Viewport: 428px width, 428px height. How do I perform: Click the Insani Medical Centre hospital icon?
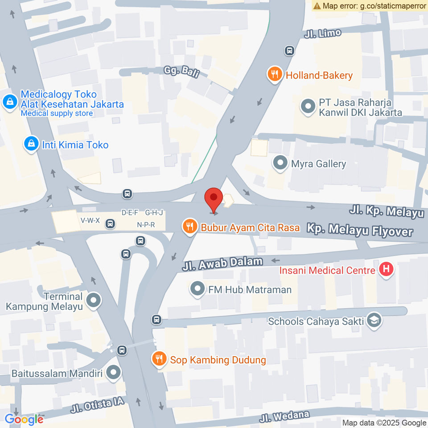click(386, 269)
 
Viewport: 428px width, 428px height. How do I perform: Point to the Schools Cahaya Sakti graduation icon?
click(374, 321)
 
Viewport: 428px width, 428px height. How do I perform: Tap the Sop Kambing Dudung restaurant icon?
click(159, 358)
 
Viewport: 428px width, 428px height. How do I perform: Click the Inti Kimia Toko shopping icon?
click(31, 144)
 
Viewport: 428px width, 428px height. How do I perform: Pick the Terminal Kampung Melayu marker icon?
click(94, 301)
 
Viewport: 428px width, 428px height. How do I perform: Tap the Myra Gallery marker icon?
click(280, 163)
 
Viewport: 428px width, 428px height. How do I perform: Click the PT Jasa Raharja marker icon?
click(308, 107)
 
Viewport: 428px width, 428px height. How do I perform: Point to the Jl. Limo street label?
click(323, 34)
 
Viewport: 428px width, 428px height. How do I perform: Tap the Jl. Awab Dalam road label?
click(222, 264)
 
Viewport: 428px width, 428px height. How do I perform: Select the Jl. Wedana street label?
click(284, 416)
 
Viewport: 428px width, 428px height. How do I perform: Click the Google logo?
click(24, 419)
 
